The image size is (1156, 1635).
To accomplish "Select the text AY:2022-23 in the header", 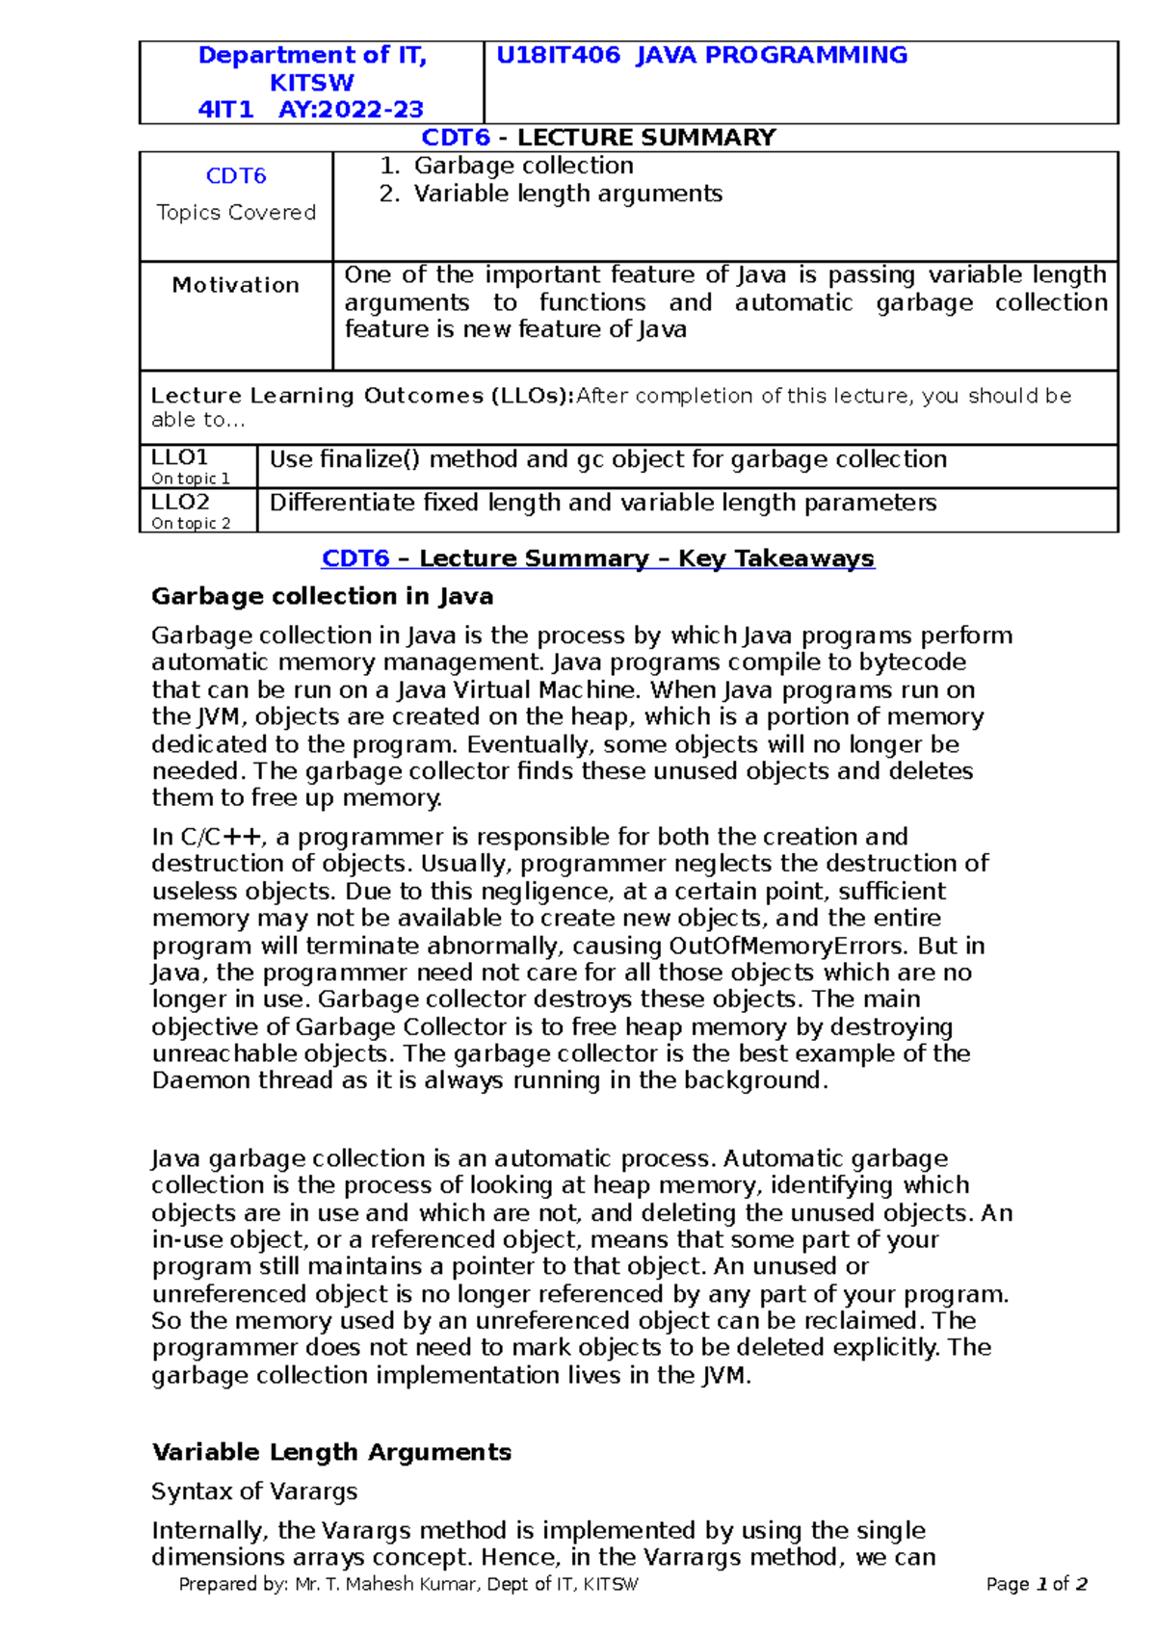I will pos(351,110).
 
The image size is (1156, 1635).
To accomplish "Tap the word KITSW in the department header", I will pos(311,83).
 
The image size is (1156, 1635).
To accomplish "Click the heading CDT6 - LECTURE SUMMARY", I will pos(598,138).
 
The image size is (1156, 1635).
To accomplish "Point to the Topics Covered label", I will pos(236,213).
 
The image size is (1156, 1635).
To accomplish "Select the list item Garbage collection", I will pos(523,166).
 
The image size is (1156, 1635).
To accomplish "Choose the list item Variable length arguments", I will pos(567,194).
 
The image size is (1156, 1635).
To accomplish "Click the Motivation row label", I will pos(236,285).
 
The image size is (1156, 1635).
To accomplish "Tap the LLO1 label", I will pos(180,457).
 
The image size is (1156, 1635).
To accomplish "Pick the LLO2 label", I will pos(180,502).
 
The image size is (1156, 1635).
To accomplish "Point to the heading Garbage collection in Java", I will pos(322,597).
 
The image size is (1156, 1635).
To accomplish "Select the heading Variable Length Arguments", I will pos(331,1452).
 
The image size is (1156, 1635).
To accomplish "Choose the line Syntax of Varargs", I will pos(254,1492).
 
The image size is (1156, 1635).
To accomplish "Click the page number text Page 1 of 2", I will pos(1037,1585).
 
